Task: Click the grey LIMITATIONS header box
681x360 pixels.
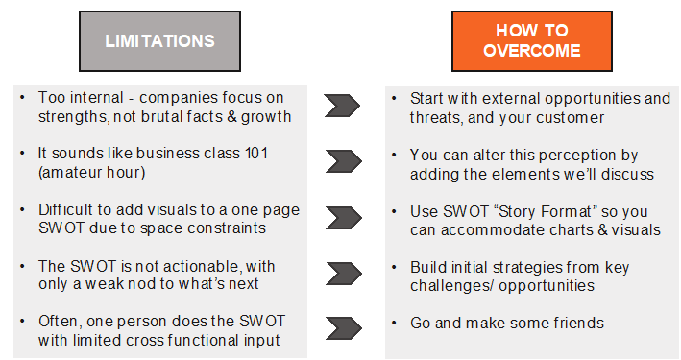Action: [159, 41]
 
